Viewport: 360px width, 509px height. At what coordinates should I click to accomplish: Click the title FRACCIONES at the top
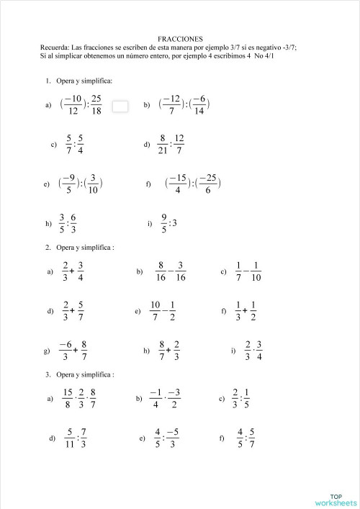(180, 39)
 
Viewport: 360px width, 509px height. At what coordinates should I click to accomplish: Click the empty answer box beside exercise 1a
(120, 106)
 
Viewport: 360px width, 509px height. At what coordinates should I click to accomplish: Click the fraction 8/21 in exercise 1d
(163, 144)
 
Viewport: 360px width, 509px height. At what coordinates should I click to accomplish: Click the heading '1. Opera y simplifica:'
(79, 81)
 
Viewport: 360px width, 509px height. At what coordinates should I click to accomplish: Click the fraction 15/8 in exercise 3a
(68, 398)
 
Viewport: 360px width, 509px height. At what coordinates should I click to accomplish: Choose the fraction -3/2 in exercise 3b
(174, 398)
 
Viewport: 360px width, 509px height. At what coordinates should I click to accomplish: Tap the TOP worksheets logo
(336, 499)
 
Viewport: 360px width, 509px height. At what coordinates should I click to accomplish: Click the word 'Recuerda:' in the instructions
(55, 48)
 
